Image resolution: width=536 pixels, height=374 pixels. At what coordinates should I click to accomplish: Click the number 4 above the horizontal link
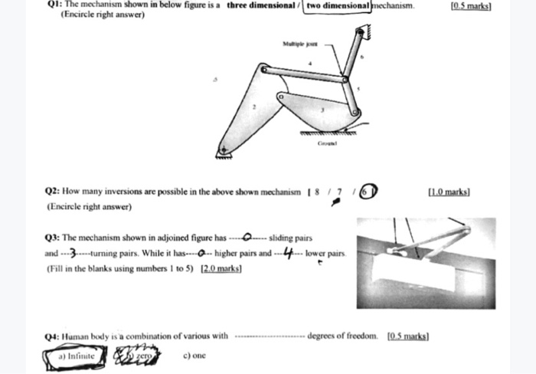[309, 63]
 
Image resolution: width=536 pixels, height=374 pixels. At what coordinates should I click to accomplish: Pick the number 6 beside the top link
[362, 57]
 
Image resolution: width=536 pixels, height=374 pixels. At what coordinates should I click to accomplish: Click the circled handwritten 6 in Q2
[368, 191]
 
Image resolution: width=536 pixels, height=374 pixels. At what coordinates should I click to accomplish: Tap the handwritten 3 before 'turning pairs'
[73, 253]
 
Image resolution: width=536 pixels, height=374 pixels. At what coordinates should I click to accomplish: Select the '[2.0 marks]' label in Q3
[221, 268]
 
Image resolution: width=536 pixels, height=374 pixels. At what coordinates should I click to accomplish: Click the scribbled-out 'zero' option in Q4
[138, 356]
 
